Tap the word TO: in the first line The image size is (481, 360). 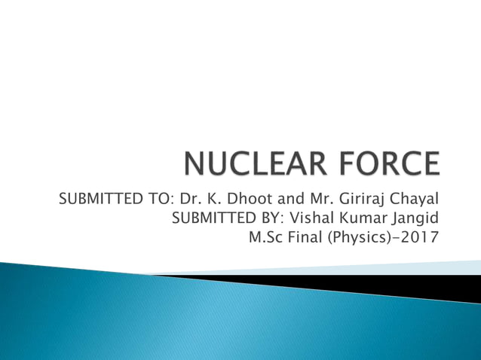(163, 200)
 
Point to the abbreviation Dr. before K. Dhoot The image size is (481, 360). (190, 200)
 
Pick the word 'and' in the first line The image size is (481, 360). (283, 200)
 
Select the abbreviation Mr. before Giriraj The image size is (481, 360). (315, 200)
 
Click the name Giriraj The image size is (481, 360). (357, 200)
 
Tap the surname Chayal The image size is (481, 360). (413, 200)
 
